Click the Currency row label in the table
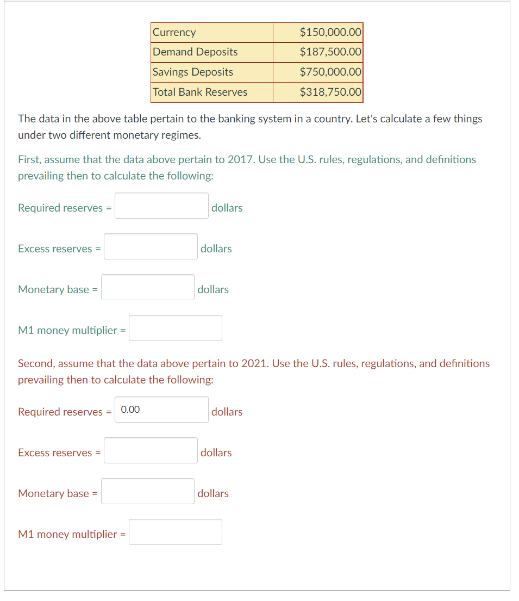click(174, 32)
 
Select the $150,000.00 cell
click(330, 32)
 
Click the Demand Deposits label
click(195, 52)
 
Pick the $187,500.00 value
click(330, 52)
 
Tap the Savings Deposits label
click(193, 72)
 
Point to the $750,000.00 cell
click(330, 72)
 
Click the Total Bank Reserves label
click(200, 92)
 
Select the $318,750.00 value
click(330, 92)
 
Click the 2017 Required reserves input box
click(161, 206)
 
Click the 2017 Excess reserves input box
click(151, 246)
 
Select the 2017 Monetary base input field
click(147, 287)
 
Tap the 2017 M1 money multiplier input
click(175, 328)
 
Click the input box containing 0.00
click(161, 410)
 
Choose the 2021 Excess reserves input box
click(151, 450)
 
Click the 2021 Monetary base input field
click(147, 491)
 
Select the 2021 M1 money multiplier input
click(175, 532)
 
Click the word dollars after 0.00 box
click(227, 412)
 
